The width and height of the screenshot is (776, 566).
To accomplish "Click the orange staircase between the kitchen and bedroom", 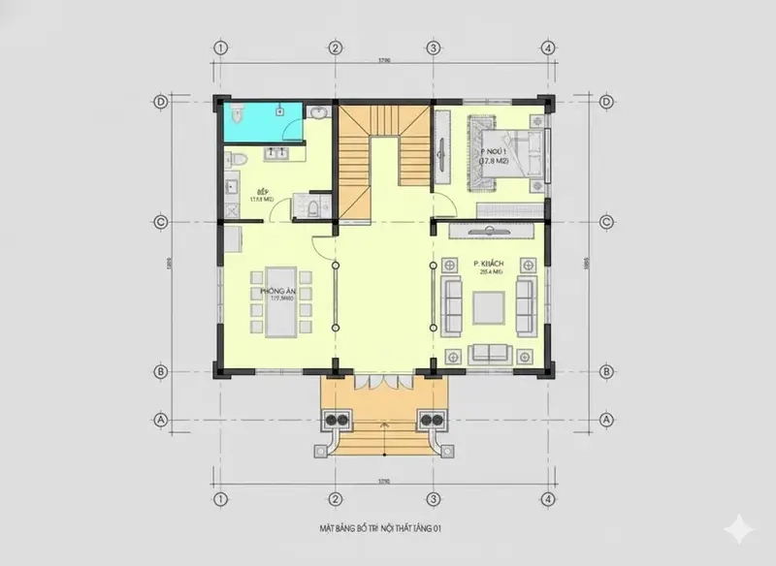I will (383, 160).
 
